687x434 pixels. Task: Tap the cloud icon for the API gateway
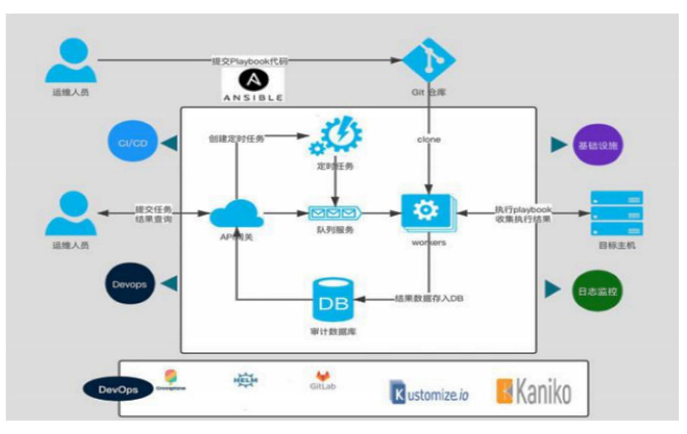point(236,214)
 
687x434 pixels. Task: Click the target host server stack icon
point(617,213)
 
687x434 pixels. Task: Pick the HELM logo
point(246,379)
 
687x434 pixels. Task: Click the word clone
point(429,139)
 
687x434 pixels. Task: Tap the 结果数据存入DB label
point(428,298)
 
